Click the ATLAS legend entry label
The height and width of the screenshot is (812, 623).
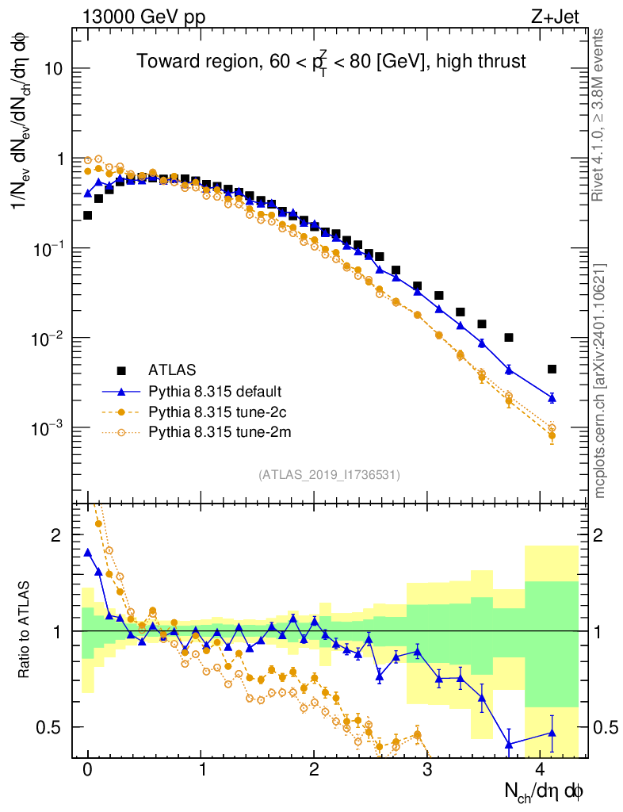coord(171,370)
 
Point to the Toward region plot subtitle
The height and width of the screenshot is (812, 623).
coord(331,61)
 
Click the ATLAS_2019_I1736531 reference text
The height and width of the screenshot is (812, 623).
coord(329,475)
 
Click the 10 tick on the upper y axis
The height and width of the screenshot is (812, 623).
coord(52,69)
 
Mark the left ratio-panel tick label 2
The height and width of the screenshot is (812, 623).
coord(56,535)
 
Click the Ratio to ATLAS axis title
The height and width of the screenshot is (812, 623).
coord(25,630)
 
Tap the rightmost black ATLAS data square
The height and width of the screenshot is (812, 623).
coord(552,369)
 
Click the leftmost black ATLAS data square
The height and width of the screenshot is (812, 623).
coord(87,215)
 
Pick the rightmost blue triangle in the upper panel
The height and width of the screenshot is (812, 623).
coord(552,397)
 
